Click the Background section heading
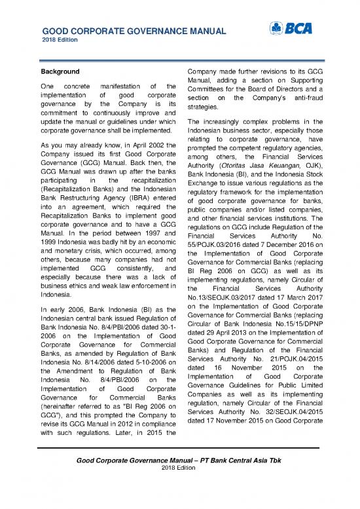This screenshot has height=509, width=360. (x=60, y=71)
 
